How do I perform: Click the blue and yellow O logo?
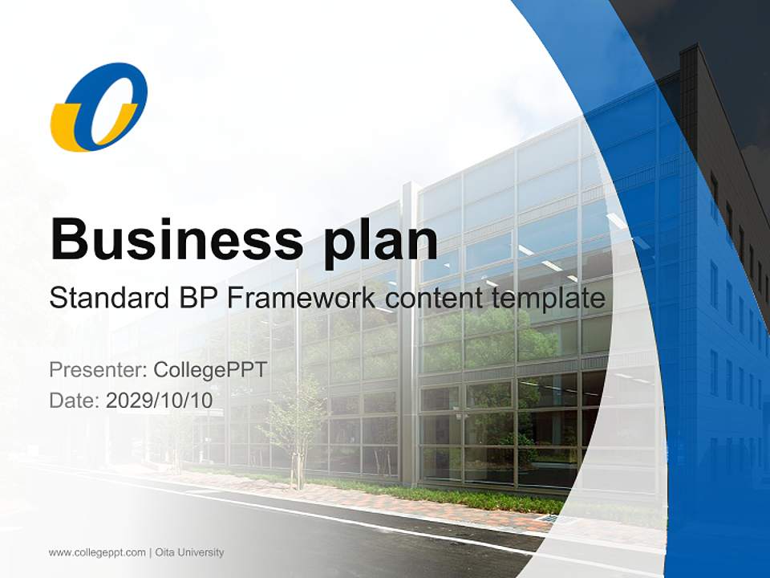click(x=99, y=107)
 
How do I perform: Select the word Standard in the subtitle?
click(x=107, y=299)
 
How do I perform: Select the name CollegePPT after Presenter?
click(x=209, y=370)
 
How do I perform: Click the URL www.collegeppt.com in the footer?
click(x=97, y=552)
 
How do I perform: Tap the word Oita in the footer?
click(x=164, y=552)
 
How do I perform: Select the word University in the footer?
click(x=201, y=552)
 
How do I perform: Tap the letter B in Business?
click(x=69, y=238)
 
